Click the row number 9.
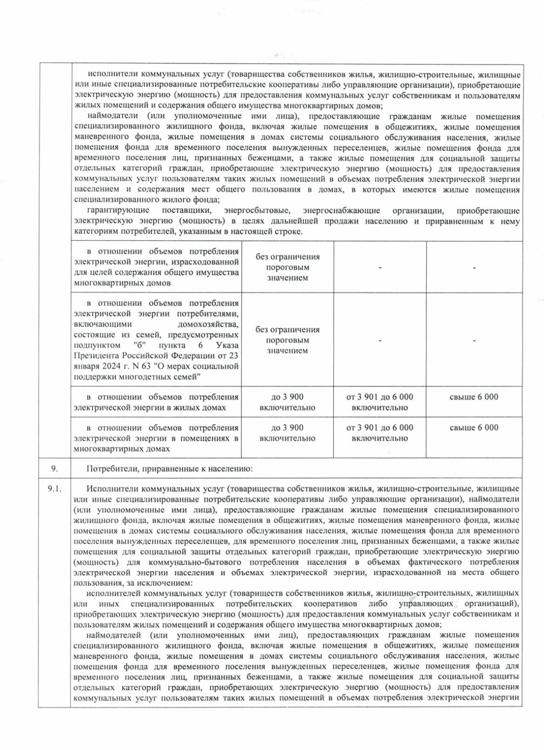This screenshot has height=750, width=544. [x=54, y=469]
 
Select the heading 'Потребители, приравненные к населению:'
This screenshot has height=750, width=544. [x=170, y=469]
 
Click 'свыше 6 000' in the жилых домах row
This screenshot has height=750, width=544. [x=474, y=397]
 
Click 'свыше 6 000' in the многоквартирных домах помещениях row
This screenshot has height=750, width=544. [x=474, y=427]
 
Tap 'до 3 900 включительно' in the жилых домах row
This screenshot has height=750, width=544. [x=287, y=402]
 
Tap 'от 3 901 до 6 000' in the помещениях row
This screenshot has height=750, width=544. [x=379, y=427]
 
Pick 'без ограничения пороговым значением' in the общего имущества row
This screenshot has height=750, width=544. [x=287, y=267]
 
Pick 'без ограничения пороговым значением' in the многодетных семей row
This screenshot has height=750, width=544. [x=287, y=340]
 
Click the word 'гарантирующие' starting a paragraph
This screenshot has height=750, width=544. [x=118, y=211]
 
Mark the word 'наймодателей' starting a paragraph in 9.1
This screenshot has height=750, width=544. [x=113, y=634]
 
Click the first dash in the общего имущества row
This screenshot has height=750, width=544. [x=380, y=268]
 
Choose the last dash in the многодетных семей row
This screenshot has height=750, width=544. [x=474, y=340]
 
